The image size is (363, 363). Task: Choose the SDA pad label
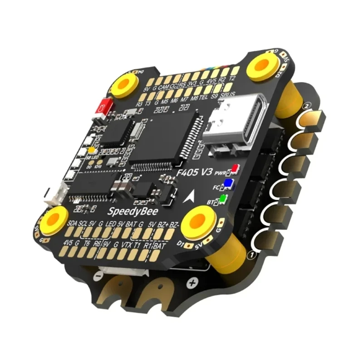coord(72,224)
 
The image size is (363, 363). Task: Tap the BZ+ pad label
coord(163,225)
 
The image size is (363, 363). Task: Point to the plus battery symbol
coord(192,283)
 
